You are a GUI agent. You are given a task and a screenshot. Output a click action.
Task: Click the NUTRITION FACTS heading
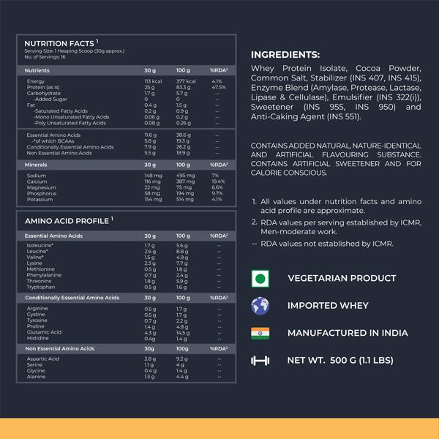click(59, 44)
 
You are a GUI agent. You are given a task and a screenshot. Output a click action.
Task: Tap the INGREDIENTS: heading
click(285, 55)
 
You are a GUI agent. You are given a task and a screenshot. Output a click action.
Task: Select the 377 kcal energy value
click(187, 81)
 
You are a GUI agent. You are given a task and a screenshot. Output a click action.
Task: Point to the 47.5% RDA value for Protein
click(217, 87)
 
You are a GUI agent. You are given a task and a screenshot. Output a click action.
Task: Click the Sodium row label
click(36, 176)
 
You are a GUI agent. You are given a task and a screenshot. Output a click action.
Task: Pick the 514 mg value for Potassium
click(185, 199)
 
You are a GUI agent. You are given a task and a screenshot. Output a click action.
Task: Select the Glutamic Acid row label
click(43, 332)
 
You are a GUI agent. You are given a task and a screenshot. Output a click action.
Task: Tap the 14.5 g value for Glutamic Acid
click(183, 332)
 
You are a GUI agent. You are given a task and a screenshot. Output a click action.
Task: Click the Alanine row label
click(37, 376)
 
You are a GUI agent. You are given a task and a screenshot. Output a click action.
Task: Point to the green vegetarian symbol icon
click(260, 279)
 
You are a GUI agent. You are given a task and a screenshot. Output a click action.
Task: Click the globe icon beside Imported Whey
click(260, 305)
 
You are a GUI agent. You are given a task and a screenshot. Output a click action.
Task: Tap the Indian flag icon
click(260, 333)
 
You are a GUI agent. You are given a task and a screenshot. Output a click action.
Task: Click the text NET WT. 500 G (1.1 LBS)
click(340, 360)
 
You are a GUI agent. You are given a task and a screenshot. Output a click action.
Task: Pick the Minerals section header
click(37, 165)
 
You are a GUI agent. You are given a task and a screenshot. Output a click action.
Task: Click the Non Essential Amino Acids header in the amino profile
click(59, 349)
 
